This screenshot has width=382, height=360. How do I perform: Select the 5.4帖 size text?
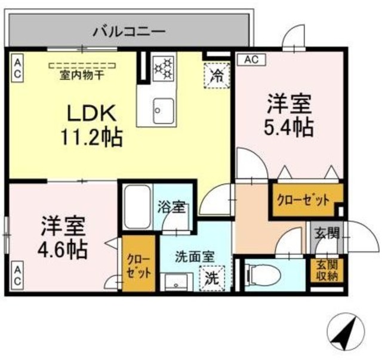tap(289, 127)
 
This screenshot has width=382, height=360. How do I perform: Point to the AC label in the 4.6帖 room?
tap(17, 275)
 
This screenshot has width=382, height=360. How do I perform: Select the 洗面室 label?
tap(193, 259)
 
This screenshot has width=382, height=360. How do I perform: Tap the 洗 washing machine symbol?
tap(211, 278)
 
